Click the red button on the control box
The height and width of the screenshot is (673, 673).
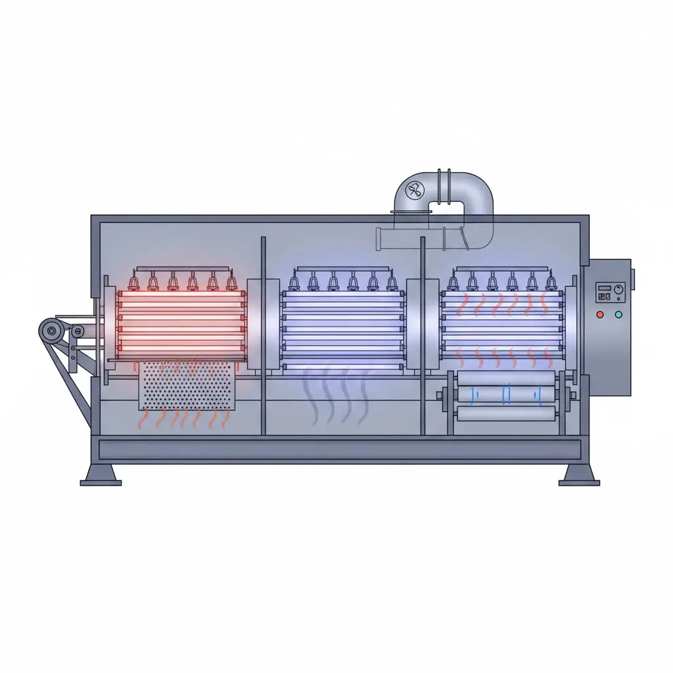coord(600,315)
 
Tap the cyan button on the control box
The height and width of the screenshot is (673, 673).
coord(617,315)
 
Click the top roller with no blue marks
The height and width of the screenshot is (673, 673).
coord(506,379)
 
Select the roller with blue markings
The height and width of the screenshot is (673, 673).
coord(506,394)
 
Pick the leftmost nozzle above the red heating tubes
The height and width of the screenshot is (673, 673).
coord(133,283)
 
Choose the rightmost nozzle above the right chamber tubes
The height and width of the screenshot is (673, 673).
coord(550,283)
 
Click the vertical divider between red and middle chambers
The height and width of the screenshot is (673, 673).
coord(263,335)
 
